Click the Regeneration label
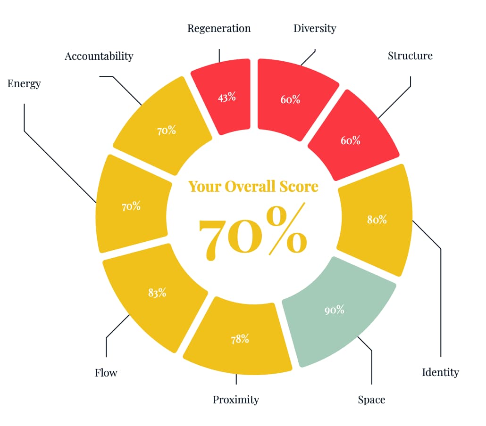pyautogui.click(x=219, y=29)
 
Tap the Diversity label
pyautogui.click(x=315, y=29)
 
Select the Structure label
pyautogui.click(x=410, y=56)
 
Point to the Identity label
pyautogui.click(x=440, y=373)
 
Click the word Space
pyautogui.click(x=371, y=400)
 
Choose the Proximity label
pyautogui.click(x=236, y=400)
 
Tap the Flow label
pyautogui.click(x=106, y=373)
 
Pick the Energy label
pyautogui.click(x=24, y=84)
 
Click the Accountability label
pyautogui.click(x=99, y=57)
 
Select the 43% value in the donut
pyautogui.click(x=227, y=98)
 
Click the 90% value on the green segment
pyautogui.click(x=335, y=310)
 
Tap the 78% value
pyautogui.click(x=240, y=339)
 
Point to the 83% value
pyautogui.click(x=157, y=293)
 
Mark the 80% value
pyautogui.click(x=377, y=219)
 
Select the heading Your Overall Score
pyautogui.click(x=253, y=186)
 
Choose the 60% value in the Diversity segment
pyautogui.click(x=291, y=99)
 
